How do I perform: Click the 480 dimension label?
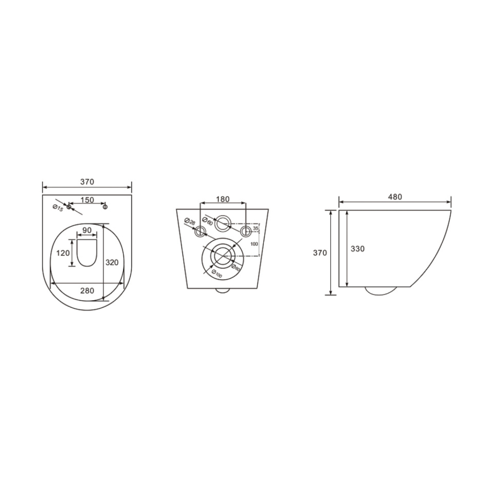pyautogui.click(x=395, y=197)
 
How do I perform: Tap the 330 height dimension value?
pyautogui.click(x=358, y=249)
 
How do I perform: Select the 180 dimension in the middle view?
pyautogui.click(x=223, y=199)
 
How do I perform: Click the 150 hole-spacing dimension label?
pyautogui.click(x=87, y=200)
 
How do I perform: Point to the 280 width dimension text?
pyautogui.click(x=87, y=291)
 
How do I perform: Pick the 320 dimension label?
pyautogui.click(x=112, y=262)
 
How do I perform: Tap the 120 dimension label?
pyautogui.click(x=63, y=253)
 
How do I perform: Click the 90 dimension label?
pyautogui.click(x=87, y=230)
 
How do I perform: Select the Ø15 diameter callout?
pyautogui.click(x=58, y=208)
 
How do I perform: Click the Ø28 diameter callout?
pyautogui.click(x=190, y=222)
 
